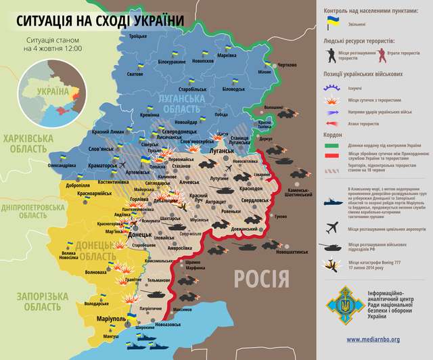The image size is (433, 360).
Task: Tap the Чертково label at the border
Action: [287, 65]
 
